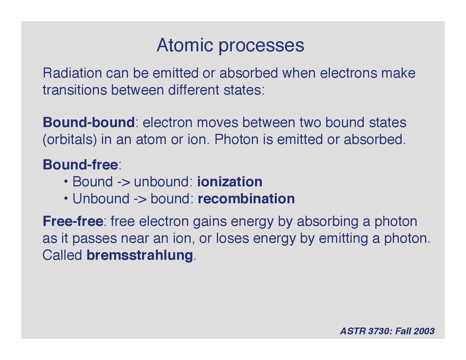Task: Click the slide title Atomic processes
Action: pyautogui.click(x=230, y=46)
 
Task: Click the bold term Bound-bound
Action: pyautogui.click(x=88, y=122)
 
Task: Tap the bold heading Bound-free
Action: pyautogui.click(x=80, y=165)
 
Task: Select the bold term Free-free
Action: pyautogui.click(x=73, y=221)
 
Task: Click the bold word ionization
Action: pyautogui.click(x=230, y=182)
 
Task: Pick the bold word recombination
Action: pyautogui.click(x=246, y=199)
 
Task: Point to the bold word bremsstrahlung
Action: pyautogui.click(x=139, y=255)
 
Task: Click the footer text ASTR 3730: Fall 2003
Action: pyautogui.click(x=387, y=331)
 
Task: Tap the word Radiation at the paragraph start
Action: pyautogui.click(x=72, y=73)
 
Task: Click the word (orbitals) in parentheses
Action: pyautogui.click(x=70, y=140)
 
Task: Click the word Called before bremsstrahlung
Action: pyautogui.click(x=62, y=255)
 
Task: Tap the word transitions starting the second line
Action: pyautogui.click(x=75, y=90)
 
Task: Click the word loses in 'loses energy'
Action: pyautogui.click(x=232, y=238)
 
